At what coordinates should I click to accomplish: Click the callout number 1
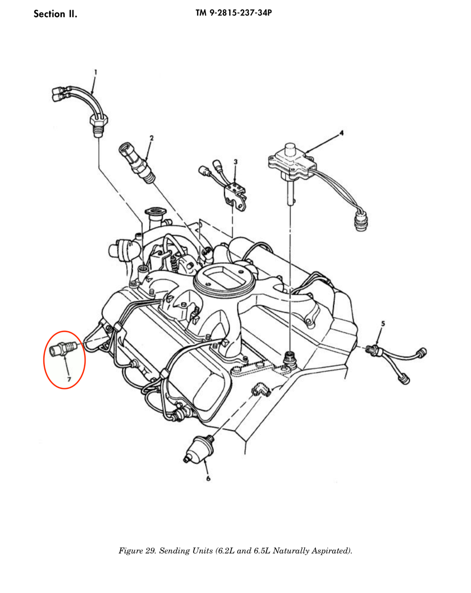pos(96,72)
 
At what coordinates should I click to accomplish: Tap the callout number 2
pos(151,138)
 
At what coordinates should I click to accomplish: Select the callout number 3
pos(235,162)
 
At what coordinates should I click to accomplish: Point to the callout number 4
pos(341,133)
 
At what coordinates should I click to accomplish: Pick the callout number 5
pos(383,324)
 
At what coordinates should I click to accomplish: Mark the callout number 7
pos(69,380)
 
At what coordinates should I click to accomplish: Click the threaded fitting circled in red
pos(63,349)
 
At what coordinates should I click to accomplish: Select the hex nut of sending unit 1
pos(99,120)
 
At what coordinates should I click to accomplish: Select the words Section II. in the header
pos(55,14)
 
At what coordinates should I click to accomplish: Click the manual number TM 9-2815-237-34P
pos(234,13)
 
